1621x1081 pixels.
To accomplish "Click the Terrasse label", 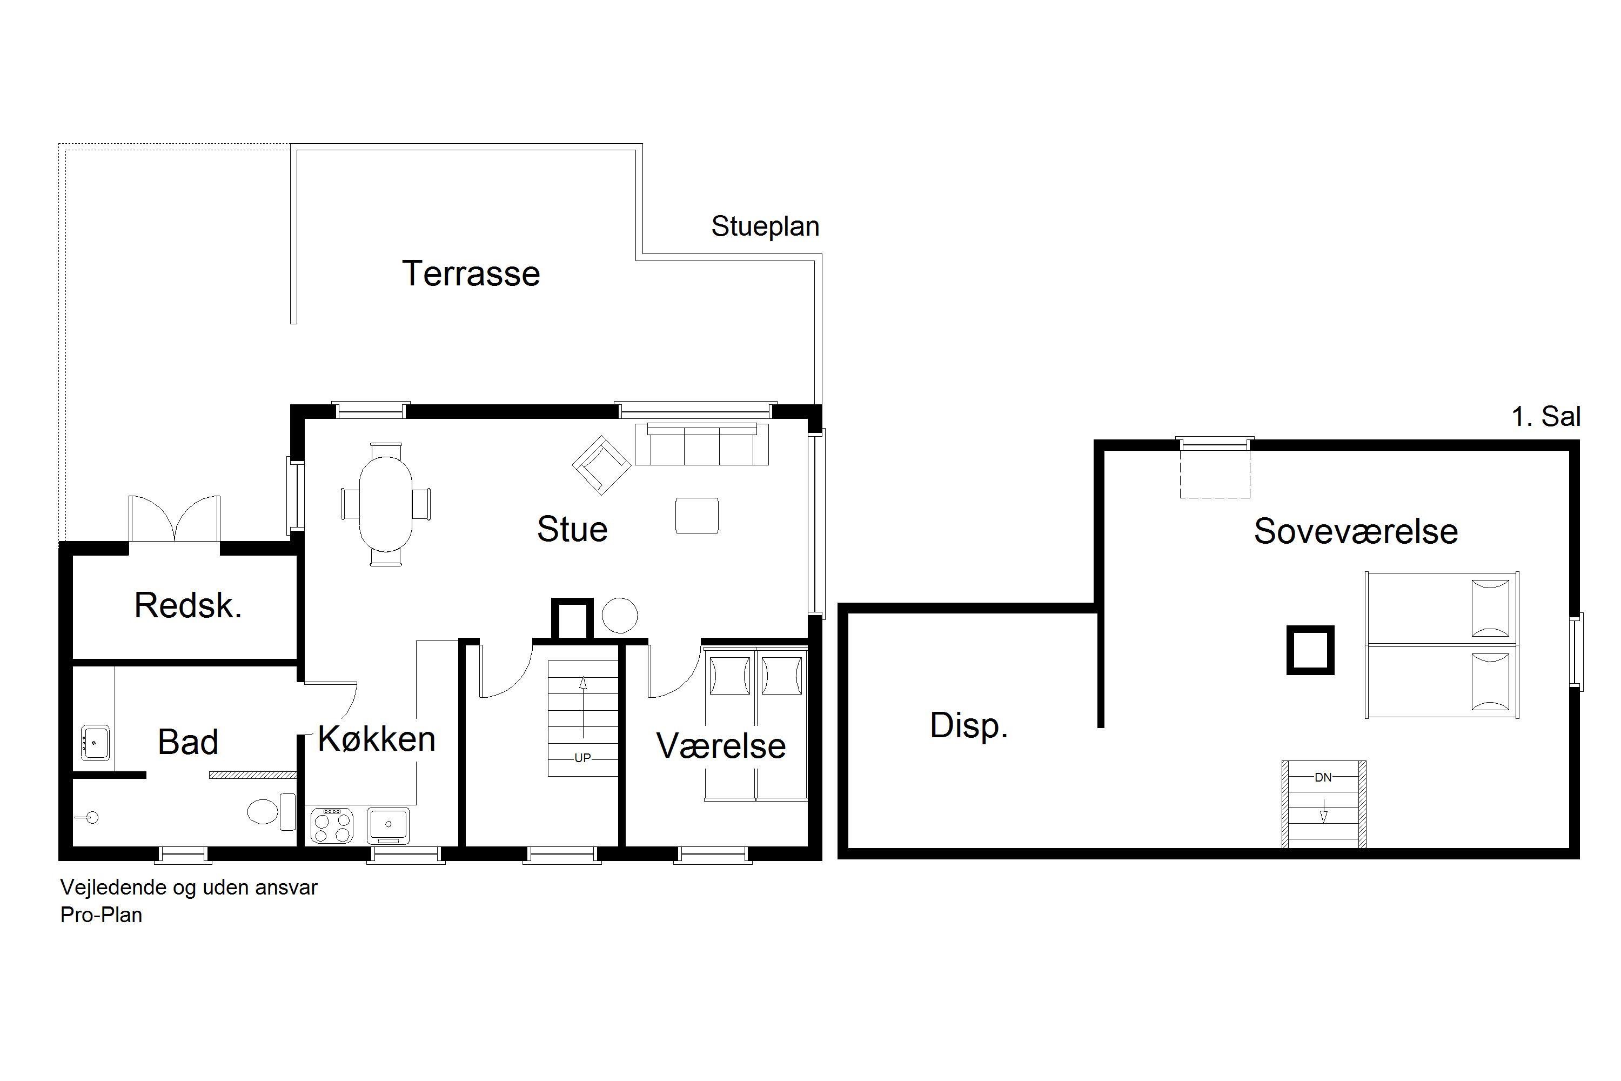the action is tap(471, 273).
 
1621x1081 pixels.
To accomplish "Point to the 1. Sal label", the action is tap(1546, 416).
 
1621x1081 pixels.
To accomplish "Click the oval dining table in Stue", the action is tap(386, 505).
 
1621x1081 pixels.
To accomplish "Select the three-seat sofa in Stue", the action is tap(701, 445).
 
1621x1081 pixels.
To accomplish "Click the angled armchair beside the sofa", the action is tap(601, 465).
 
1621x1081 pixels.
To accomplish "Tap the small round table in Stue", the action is tap(620, 615).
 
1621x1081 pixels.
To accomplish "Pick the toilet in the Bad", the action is tap(271, 811).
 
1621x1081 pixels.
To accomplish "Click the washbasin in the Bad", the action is tap(95, 742).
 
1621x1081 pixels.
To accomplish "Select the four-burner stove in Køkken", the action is tap(332, 825).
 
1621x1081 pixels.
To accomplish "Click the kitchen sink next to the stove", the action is tap(388, 825).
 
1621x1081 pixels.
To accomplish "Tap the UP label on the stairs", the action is tap(582, 758).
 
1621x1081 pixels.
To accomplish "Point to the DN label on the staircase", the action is tap(1323, 778).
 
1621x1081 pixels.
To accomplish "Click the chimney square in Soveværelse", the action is tap(1310, 650).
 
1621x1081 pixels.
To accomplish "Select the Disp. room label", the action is tap(968, 726).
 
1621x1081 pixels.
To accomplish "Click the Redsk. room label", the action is tap(188, 605).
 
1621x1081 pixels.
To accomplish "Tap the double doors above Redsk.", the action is tap(175, 518).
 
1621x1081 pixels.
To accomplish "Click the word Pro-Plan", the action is tap(102, 915).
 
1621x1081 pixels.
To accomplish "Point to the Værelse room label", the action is tap(721, 746).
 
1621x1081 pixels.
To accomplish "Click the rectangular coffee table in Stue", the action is tap(697, 516).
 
